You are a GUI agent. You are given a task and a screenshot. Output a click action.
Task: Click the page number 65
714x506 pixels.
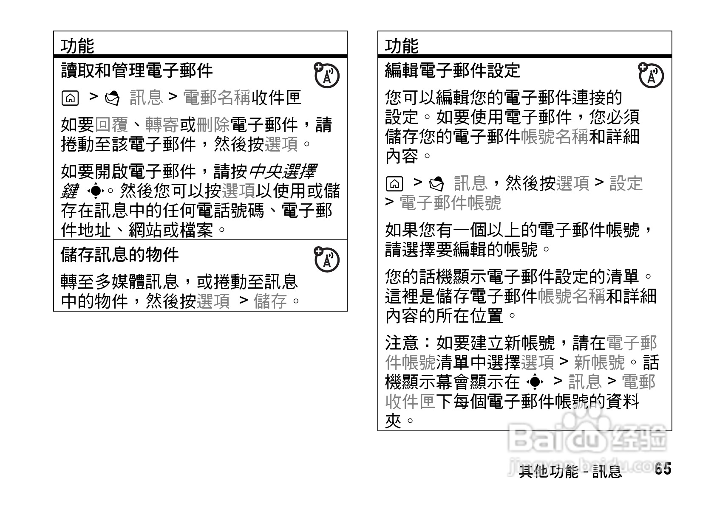[x=663, y=469]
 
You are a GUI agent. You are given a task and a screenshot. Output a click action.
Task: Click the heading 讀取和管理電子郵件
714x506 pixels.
[x=137, y=71]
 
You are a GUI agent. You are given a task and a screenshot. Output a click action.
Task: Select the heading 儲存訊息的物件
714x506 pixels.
[x=120, y=255]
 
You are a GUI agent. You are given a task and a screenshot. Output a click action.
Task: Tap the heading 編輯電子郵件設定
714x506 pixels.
[x=453, y=71]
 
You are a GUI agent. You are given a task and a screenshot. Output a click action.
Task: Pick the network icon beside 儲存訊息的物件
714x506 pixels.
[x=326, y=259]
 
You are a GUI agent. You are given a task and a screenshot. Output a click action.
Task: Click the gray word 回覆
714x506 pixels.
[x=111, y=125]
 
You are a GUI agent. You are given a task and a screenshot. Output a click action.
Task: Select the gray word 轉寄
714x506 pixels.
[x=162, y=125]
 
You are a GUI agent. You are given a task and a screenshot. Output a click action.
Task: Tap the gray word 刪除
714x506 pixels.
[x=213, y=125]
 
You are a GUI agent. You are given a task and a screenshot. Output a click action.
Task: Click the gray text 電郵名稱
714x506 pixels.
[x=217, y=98]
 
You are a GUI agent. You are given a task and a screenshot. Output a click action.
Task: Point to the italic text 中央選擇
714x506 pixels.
[x=282, y=172]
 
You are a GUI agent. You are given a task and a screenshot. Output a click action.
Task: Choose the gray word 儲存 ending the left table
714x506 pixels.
[x=270, y=301]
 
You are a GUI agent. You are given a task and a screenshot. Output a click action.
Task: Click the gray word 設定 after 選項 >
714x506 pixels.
[x=626, y=183]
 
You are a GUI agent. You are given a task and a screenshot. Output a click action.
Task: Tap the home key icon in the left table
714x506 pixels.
[x=70, y=98]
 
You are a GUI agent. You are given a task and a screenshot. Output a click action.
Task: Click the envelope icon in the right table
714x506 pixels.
[x=437, y=184]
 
